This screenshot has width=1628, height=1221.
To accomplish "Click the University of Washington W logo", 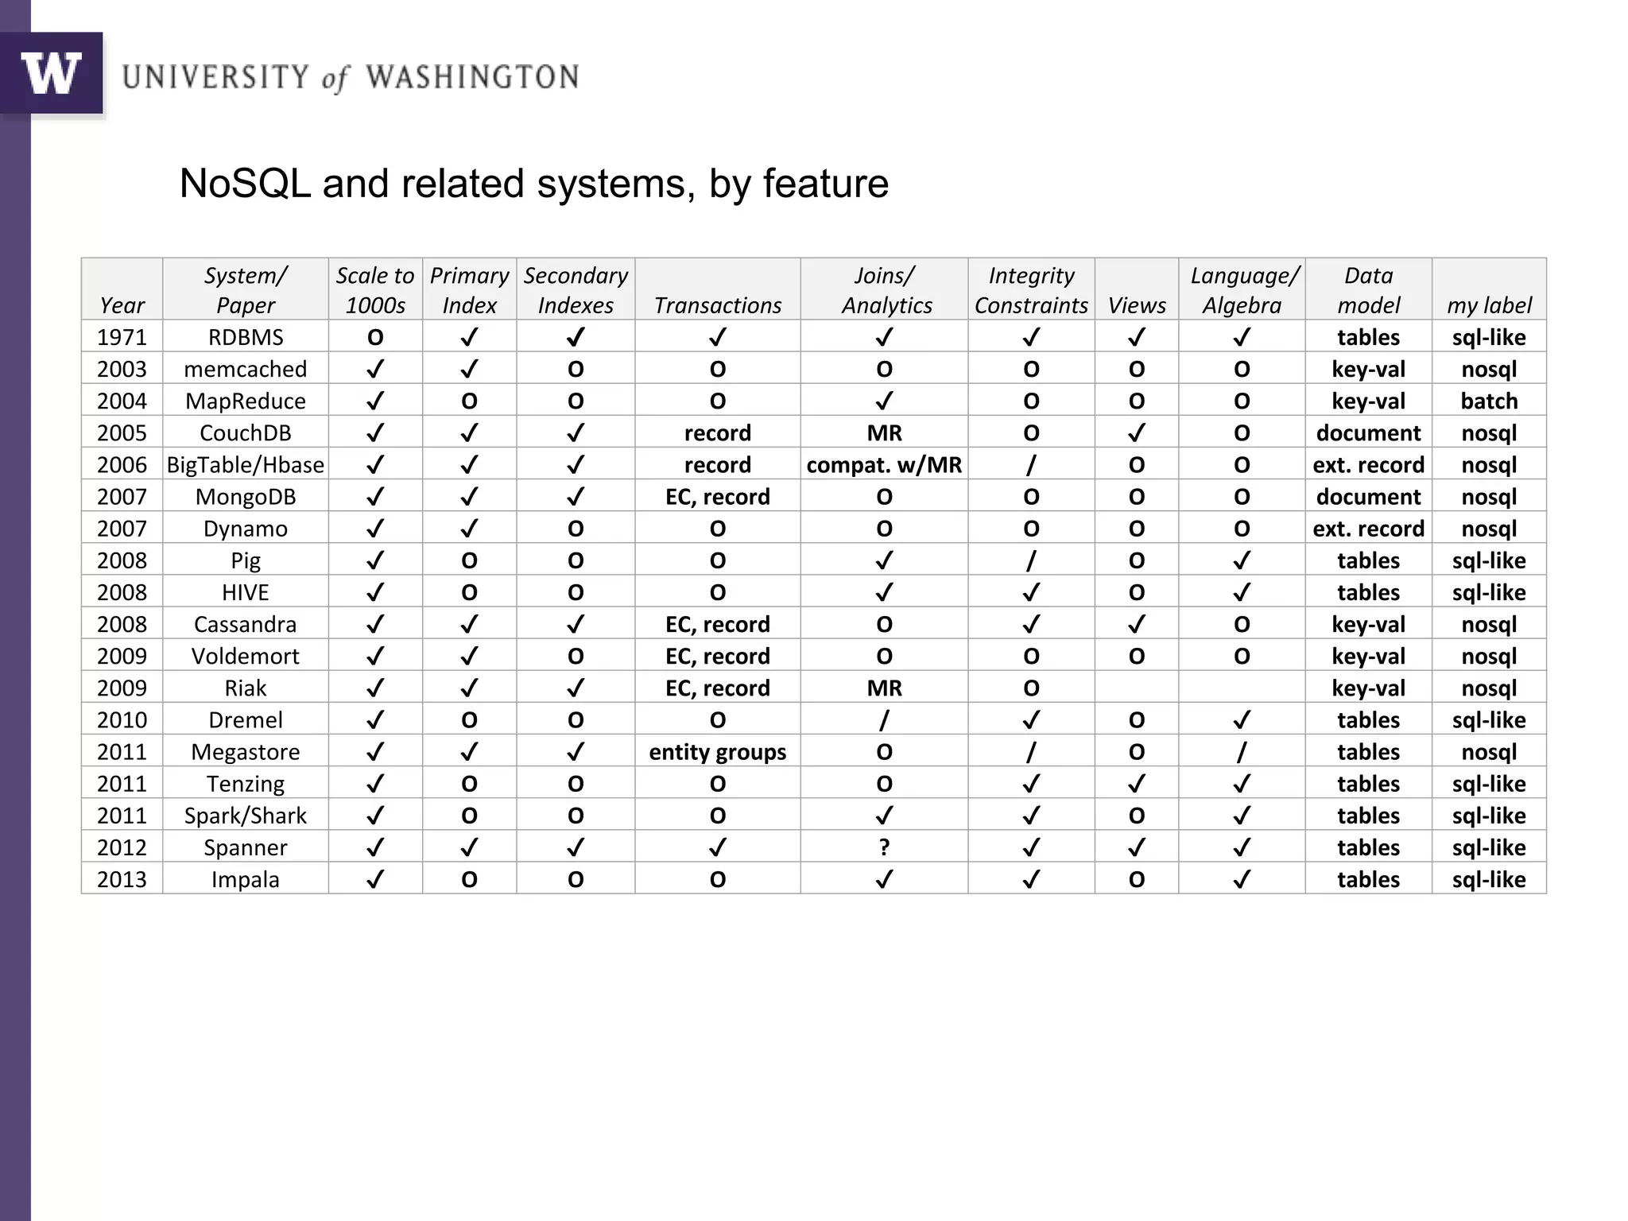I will coord(52,73).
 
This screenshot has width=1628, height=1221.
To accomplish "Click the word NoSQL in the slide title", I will coord(245,184).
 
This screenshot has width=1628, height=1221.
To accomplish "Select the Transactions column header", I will coord(717,305).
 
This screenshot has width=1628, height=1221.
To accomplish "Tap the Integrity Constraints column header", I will coord(1031,290).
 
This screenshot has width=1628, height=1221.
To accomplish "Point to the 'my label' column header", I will coord(1489,305).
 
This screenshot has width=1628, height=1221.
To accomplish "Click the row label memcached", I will coord(245,369).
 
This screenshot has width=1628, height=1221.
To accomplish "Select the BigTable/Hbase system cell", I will coord(245,464).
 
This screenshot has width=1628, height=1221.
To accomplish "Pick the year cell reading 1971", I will coord(122,337).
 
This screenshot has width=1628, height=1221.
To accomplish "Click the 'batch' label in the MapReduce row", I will coord(1489,401).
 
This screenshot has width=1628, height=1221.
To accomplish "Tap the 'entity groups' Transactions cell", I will coord(717,752).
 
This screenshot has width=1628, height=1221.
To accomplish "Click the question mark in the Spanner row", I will coord(884,847).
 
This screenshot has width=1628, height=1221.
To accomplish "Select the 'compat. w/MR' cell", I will coord(884,464).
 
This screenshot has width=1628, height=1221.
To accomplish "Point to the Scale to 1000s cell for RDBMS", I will coord(375,337).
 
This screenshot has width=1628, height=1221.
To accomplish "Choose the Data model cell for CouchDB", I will coord(1368,432).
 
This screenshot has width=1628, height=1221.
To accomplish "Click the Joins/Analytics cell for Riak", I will coord(884,688).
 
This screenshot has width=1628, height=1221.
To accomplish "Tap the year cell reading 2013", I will coord(122,879).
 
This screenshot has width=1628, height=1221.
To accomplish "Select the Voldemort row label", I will coord(245,656).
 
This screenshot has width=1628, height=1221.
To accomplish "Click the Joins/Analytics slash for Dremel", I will coord(884,720).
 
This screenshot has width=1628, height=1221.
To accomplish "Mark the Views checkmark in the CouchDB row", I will coord(1137,432).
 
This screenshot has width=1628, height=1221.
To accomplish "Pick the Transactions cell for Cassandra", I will coord(717,624).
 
